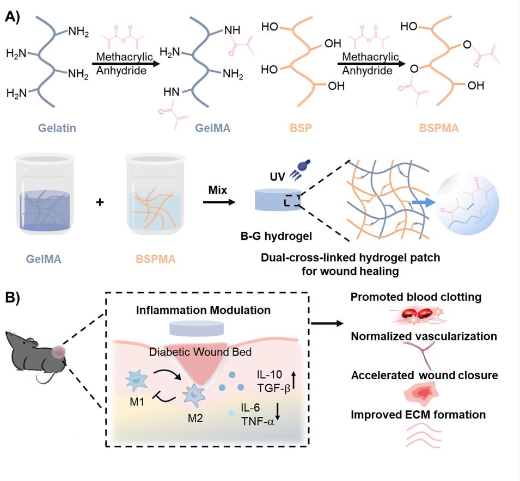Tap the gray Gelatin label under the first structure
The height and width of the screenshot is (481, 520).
pyautogui.click(x=56, y=129)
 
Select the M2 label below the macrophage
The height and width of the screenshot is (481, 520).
pyautogui.click(x=194, y=420)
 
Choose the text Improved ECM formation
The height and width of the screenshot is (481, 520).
pyautogui.click(x=418, y=415)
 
